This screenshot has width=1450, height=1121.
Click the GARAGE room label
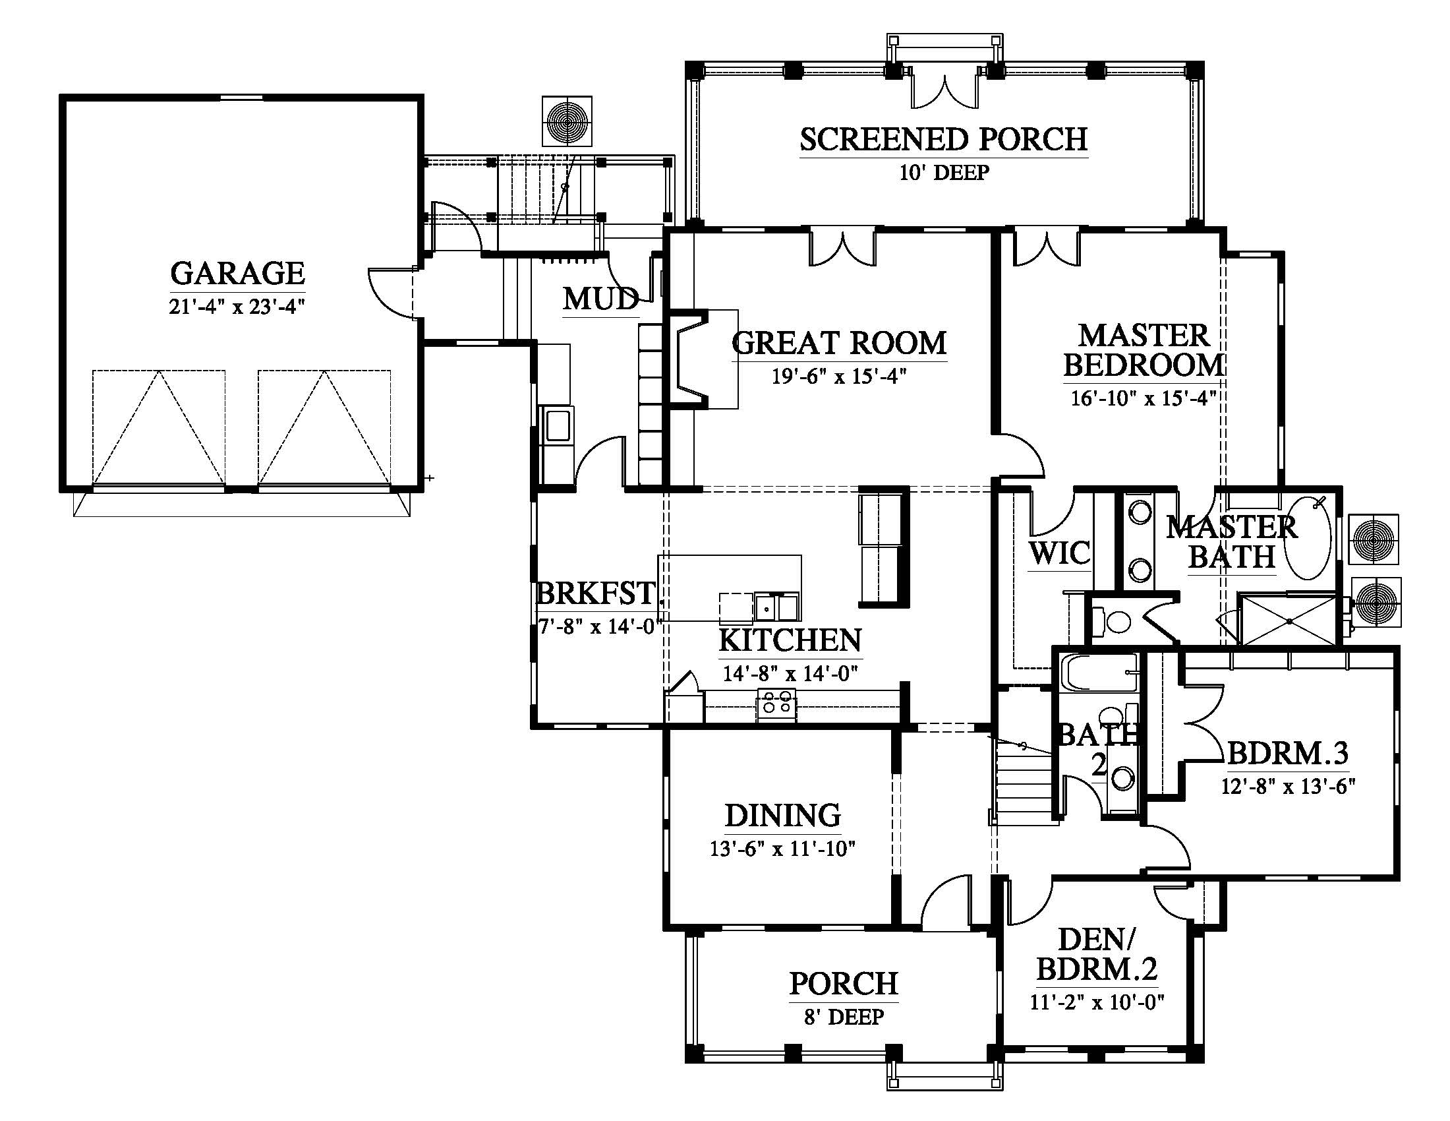click(x=238, y=273)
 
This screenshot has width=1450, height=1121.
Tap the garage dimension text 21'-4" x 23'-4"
click(x=237, y=307)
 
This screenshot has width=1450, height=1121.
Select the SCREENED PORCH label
click(x=943, y=139)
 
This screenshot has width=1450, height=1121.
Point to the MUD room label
click(x=601, y=299)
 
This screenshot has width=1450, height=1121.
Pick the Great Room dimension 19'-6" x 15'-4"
click(x=839, y=377)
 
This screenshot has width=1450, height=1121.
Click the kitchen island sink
click(x=778, y=607)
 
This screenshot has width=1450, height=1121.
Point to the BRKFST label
click(x=596, y=593)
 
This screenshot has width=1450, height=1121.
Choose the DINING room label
click(x=783, y=815)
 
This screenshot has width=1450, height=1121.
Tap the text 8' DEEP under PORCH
click(x=844, y=1017)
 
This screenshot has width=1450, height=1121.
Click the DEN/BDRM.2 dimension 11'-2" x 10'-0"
click(x=1097, y=1001)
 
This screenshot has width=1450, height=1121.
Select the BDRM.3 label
click(x=1288, y=753)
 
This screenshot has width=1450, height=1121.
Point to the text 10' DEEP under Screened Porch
click(x=944, y=173)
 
